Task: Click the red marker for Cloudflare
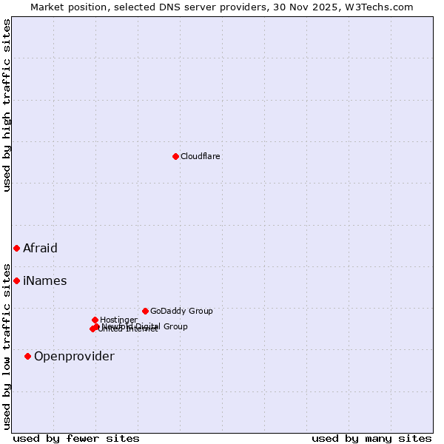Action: pyautogui.click(x=175, y=156)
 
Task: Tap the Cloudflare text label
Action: pyautogui.click(x=201, y=156)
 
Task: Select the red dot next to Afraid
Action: pyautogui.click(x=16, y=248)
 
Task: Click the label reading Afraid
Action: pyautogui.click(x=40, y=249)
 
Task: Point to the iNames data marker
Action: pyautogui.click(x=16, y=280)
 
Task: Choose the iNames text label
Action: pyautogui.click(x=45, y=281)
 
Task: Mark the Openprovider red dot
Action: pyautogui.click(x=27, y=356)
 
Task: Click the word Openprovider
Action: pyautogui.click(x=74, y=357)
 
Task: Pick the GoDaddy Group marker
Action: pyautogui.click(x=145, y=311)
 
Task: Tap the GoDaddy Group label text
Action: pyautogui.click(x=181, y=311)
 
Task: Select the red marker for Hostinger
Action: pyautogui.click(x=95, y=320)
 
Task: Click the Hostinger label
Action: pyautogui.click(x=118, y=320)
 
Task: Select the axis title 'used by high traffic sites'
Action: pyautogui.click(x=7, y=105)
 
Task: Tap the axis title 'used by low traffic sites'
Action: pyautogui.click(x=7, y=346)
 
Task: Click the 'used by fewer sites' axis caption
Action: pyautogui.click(x=76, y=438)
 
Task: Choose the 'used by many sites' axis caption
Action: pyautogui.click(x=371, y=438)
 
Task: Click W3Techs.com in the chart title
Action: pyautogui.click(x=380, y=7)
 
